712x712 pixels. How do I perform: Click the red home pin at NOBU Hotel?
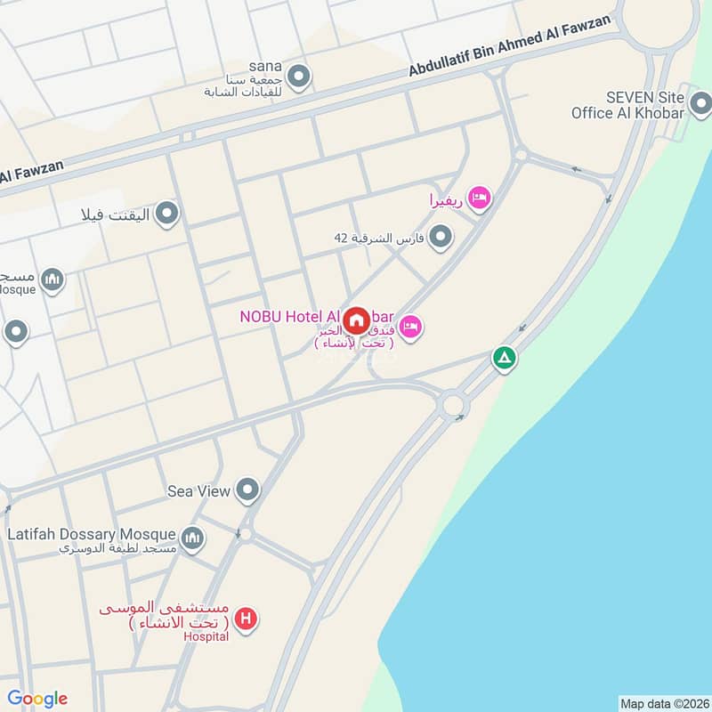pos(357,320)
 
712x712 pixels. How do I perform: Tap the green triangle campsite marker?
pos(505,359)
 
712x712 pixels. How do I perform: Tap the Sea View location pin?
pos(247,489)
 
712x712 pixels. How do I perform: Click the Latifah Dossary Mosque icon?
pos(192,538)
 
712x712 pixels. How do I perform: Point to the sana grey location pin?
pos(299,77)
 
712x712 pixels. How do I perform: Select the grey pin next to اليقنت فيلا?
pos(166,214)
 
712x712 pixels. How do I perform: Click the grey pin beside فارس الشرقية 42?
pos(440,237)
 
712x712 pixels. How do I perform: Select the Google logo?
pos(37,698)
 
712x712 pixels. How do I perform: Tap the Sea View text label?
pos(199,490)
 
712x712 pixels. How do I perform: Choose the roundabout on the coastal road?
pos(453,405)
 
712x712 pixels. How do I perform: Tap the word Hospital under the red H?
pos(206,636)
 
